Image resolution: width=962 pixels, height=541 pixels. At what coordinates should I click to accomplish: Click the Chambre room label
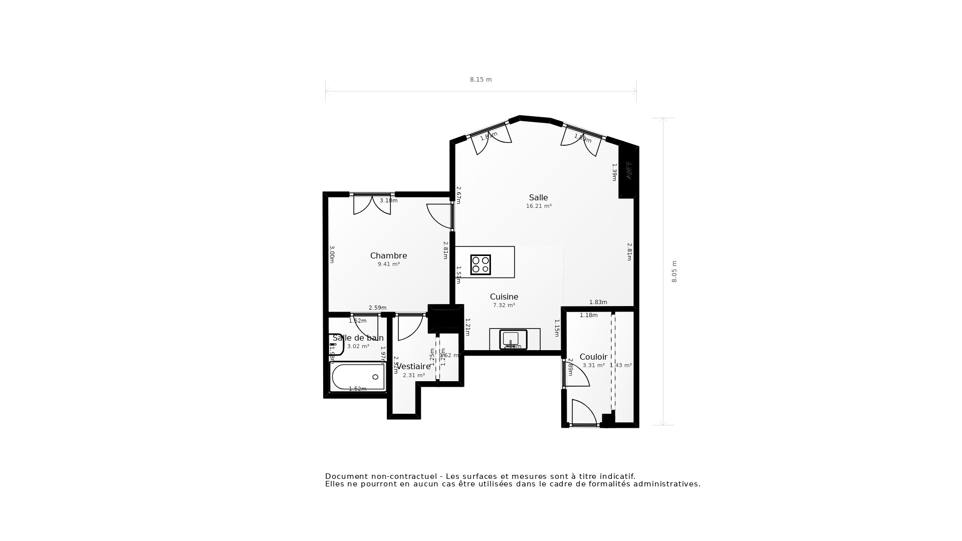point(388,255)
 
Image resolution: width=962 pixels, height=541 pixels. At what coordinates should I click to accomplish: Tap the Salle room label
point(538,197)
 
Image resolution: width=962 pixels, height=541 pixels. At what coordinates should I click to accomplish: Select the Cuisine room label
point(504,297)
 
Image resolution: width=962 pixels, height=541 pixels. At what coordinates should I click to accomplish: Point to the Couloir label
point(593,357)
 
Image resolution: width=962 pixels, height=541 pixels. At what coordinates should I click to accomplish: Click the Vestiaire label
point(413,366)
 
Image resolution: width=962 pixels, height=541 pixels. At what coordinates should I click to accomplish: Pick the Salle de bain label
point(358,338)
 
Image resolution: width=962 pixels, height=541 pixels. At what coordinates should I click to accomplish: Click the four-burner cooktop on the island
point(480,264)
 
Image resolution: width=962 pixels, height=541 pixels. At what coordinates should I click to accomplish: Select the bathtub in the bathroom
point(357,377)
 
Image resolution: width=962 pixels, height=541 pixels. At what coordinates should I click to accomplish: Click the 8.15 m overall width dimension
point(480,80)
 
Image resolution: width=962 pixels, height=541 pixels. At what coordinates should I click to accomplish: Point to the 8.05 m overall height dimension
point(674,272)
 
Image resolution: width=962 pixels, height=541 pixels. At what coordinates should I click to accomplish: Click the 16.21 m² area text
point(539,206)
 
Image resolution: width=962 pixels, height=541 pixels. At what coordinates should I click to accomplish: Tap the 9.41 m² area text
point(388,264)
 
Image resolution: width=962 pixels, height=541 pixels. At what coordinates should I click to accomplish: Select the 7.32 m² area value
point(504,305)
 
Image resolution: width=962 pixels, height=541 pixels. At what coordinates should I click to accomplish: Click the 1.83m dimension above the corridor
point(598,302)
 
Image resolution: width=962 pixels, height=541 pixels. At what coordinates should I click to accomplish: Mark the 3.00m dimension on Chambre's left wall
point(332,254)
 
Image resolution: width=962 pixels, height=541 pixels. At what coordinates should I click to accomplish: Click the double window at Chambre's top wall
point(372,195)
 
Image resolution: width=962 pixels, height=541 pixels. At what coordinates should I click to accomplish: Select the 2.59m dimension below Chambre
point(377,308)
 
